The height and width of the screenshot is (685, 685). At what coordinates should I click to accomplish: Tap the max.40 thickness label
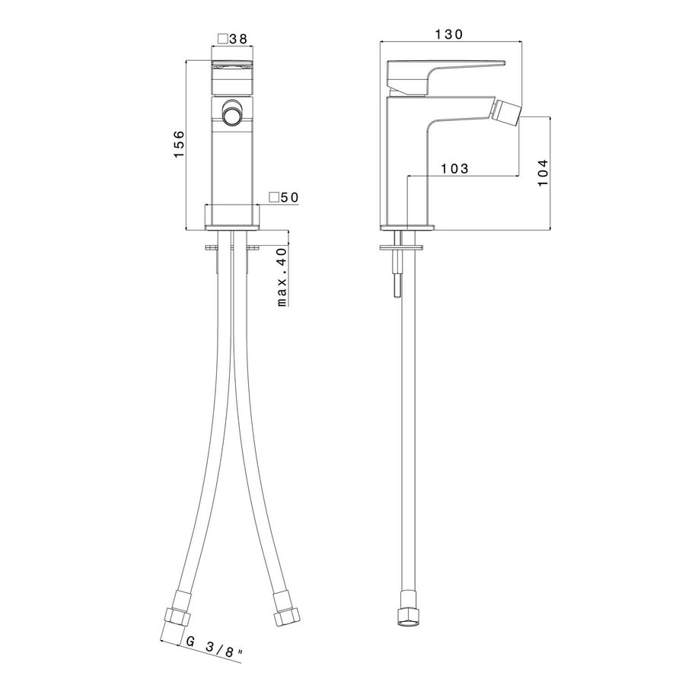coord(282,276)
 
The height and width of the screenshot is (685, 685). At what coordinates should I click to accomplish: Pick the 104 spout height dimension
coord(543,172)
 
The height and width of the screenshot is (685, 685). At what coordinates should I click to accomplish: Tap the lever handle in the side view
coord(441,72)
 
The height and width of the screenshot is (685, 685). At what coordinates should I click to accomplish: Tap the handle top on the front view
coord(231,64)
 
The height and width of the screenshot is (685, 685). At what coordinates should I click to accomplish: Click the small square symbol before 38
coord(222,38)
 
